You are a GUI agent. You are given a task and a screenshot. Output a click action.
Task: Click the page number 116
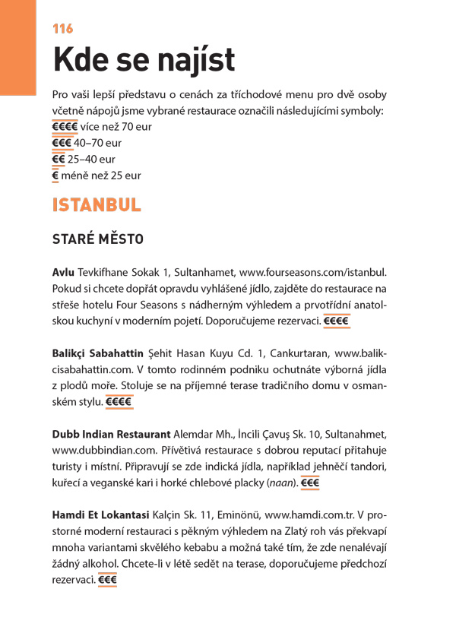[x=62, y=29]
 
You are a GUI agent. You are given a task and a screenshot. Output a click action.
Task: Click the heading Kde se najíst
[x=144, y=60]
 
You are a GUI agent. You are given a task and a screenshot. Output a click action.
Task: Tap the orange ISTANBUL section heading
[x=97, y=205]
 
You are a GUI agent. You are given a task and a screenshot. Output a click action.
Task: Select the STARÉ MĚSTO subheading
[x=97, y=239]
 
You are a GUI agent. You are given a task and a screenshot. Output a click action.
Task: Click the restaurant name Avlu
[x=63, y=271]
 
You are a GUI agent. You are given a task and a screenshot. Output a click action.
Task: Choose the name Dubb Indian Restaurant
[x=111, y=434]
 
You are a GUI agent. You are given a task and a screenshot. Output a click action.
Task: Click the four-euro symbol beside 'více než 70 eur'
[x=65, y=127]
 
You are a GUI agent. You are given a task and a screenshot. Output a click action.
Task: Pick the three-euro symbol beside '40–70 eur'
[x=62, y=143]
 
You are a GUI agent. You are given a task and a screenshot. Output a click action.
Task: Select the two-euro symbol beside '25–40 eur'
[x=59, y=160]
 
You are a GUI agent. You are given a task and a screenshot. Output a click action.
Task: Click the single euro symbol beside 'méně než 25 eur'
[x=55, y=176]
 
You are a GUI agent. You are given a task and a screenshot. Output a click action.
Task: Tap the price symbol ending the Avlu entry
[x=336, y=321]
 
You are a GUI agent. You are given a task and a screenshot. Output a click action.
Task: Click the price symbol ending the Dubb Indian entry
[x=309, y=483]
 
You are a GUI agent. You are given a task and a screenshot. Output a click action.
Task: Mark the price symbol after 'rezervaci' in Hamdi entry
[x=107, y=580]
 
